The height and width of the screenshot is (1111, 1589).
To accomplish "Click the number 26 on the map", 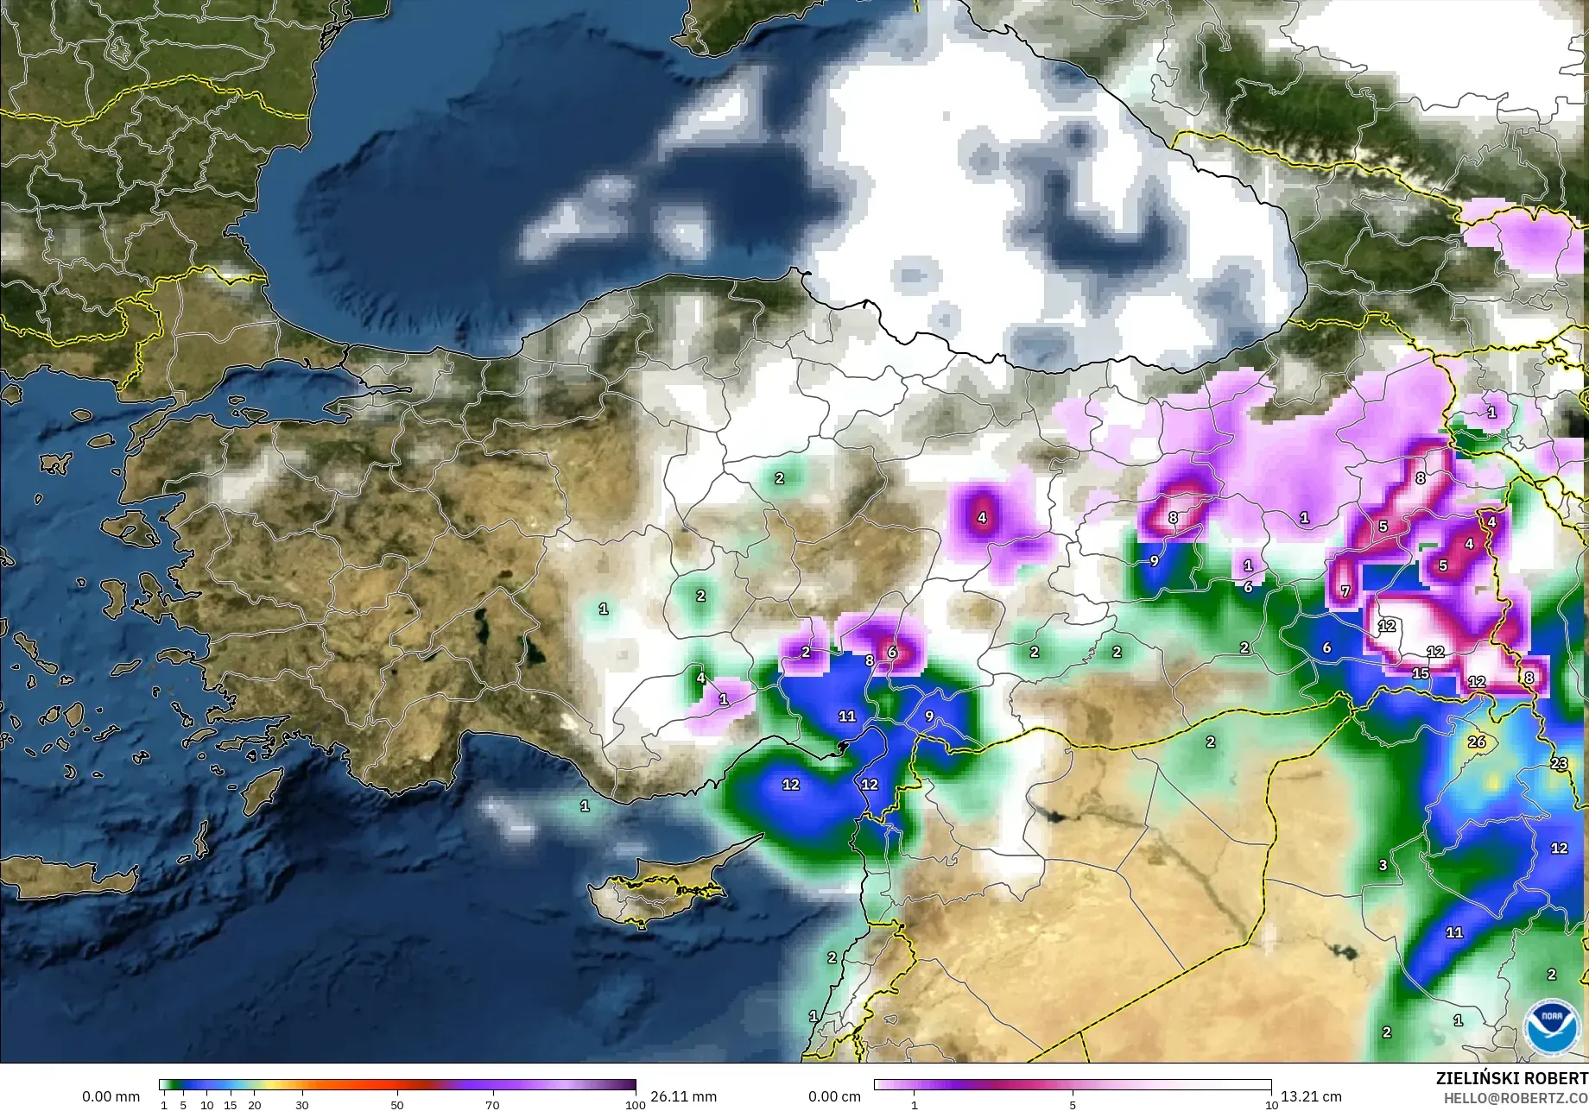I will [1477, 742].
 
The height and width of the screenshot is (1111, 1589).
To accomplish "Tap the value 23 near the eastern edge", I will [1559, 763].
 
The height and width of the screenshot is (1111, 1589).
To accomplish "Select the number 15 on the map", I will [1421, 672].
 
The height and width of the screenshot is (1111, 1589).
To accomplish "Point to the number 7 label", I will [1345, 591].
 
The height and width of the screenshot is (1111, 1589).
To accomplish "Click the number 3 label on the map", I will [1383, 865].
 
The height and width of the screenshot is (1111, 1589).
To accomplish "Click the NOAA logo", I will [1550, 1026].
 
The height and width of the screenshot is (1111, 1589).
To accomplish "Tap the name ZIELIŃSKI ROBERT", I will [1511, 1078].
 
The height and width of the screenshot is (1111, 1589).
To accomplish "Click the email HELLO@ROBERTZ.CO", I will [1516, 1097].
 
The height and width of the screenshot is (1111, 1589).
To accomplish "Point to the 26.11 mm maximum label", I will [683, 1096].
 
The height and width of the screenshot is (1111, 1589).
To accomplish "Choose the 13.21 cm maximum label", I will [1311, 1096].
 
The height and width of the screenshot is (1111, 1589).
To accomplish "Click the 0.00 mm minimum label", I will [111, 1096].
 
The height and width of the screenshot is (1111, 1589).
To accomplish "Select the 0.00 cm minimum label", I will [834, 1096].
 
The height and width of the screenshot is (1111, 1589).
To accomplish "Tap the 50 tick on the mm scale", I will [397, 1104].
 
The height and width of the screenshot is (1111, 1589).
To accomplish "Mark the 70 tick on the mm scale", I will [492, 1104].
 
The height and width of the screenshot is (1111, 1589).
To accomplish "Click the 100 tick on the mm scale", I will [635, 1104].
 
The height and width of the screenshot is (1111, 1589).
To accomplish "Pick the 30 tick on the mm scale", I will [301, 1104].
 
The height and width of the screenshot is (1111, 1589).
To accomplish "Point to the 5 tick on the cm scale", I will [1073, 1104].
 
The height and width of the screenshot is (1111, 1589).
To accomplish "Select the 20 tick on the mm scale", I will [254, 1104].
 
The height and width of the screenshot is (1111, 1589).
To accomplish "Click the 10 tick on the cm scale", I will [1271, 1104].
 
